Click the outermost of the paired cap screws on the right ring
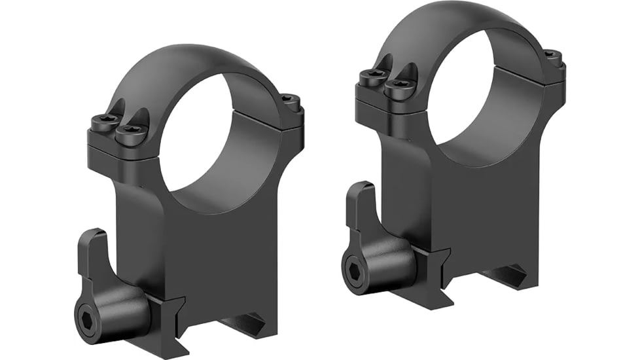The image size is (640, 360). coord(373,77)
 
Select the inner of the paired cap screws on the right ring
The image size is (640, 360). coord(397,88)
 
